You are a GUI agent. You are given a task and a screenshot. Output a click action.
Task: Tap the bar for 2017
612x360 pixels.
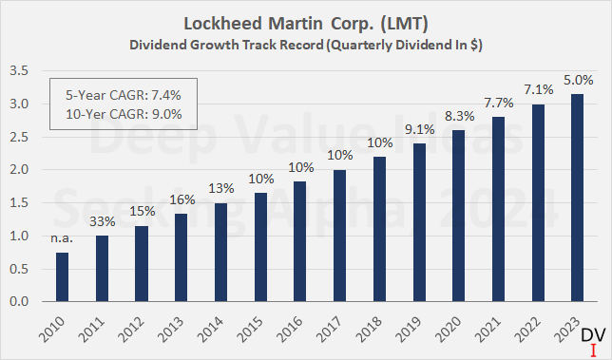[x=339, y=237]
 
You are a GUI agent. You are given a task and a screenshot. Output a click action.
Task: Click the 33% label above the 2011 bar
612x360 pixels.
[x=102, y=222]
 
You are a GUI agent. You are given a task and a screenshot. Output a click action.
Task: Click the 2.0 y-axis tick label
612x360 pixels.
[x=20, y=170]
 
